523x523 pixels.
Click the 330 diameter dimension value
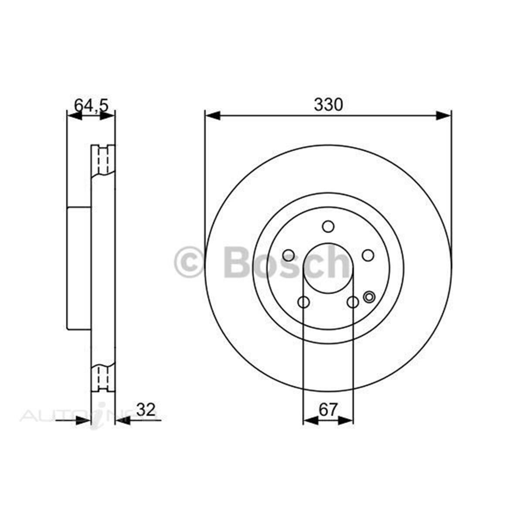tap(329, 105)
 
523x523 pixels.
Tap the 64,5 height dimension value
tap(91, 105)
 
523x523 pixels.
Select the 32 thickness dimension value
tap(146, 410)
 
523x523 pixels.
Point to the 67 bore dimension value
tap(328, 410)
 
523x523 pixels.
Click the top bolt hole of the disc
tap(328, 227)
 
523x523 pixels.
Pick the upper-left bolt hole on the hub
tap(288, 255)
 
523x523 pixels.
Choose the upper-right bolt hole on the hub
tap(368, 255)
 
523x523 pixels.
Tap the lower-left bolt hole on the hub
tap(303, 302)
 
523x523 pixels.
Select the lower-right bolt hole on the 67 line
tap(353, 302)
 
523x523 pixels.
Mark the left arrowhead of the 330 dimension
tap(212, 116)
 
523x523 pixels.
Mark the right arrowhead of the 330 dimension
tap(445, 116)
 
